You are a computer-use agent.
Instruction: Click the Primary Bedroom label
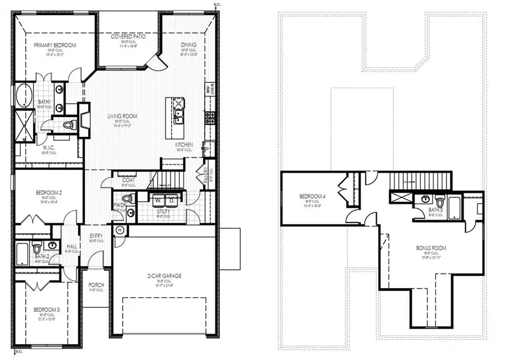[54, 45]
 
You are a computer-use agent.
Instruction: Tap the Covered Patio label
[128, 36]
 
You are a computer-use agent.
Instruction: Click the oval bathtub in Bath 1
[24, 96]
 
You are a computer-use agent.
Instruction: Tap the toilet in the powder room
[128, 199]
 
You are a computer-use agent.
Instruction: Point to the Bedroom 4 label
[313, 196]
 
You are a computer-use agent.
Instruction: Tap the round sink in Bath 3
[425, 199]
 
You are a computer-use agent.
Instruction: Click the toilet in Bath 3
[439, 201]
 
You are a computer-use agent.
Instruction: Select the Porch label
[97, 285]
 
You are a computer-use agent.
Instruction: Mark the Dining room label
[188, 45]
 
